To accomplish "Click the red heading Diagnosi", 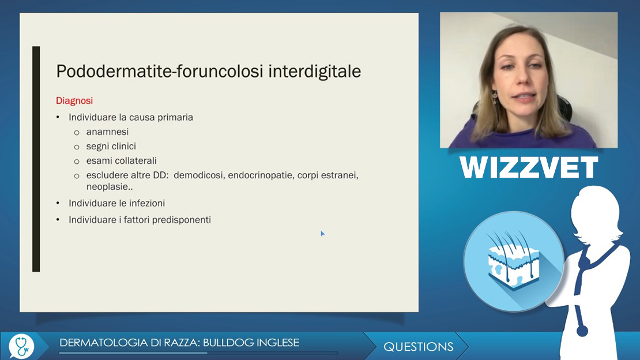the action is pos(74,101).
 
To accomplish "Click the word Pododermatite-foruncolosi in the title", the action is pos(160,72).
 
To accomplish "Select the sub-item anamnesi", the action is pos(107,132).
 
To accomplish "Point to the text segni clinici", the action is pos(111,147).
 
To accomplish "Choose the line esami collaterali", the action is pos(122,161).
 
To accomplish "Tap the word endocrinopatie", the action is pos(261,175).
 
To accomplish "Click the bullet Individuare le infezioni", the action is pos(116,204).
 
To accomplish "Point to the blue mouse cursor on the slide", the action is pos(322,233).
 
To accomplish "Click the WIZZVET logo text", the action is pos(529,167).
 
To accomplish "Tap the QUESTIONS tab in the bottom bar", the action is pos(419,347).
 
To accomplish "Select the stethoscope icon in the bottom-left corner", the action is pos(21,346).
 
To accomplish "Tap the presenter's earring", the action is pos(495,97).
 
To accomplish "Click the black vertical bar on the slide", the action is pos(36,159).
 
